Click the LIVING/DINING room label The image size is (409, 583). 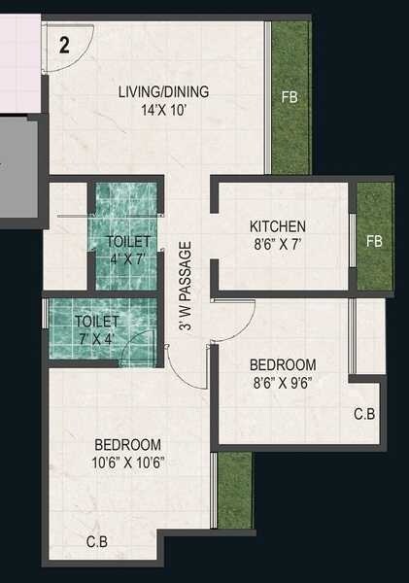(x=163, y=93)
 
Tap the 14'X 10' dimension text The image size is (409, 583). (x=163, y=110)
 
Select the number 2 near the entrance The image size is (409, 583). (x=65, y=44)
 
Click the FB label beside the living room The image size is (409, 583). (x=290, y=97)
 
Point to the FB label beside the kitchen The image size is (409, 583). (x=374, y=240)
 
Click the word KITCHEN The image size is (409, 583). (x=278, y=225)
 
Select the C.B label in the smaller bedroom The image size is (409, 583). (x=364, y=414)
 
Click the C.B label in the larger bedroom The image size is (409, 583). (x=97, y=541)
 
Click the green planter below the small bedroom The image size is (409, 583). (x=233, y=491)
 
